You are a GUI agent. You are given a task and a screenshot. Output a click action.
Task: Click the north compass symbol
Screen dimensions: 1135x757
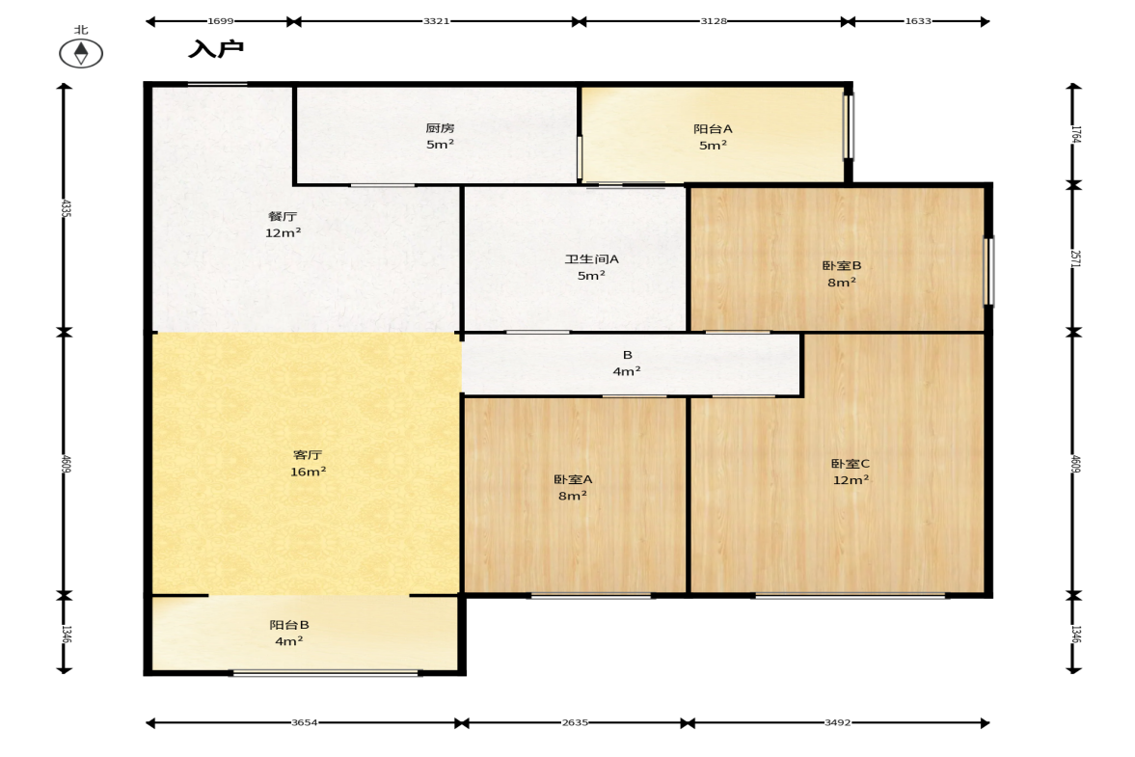tap(81, 53)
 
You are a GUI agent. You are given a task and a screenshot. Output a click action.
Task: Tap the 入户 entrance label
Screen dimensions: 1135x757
tap(216, 49)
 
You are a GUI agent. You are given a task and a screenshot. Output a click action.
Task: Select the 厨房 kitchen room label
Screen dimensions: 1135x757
tap(440, 128)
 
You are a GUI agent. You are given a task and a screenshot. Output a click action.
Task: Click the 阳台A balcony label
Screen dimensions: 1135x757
tap(713, 129)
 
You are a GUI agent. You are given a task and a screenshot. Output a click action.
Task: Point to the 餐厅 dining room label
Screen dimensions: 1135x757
tap(283, 216)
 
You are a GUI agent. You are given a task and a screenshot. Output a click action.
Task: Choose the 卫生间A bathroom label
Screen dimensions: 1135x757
tap(591, 259)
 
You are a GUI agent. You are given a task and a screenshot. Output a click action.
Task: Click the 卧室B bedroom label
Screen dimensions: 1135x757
tap(842, 265)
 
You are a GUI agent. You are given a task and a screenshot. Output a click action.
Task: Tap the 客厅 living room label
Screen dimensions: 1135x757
tap(308, 455)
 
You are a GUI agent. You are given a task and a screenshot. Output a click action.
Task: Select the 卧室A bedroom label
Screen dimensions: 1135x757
tap(573, 479)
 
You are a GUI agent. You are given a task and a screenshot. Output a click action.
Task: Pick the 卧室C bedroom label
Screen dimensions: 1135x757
tap(851, 463)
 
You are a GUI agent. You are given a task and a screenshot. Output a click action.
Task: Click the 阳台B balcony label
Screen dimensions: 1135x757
tap(289, 625)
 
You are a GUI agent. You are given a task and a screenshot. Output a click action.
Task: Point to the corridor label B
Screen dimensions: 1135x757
tap(628, 355)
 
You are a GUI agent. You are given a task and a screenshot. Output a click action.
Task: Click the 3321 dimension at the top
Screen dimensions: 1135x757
tap(437, 21)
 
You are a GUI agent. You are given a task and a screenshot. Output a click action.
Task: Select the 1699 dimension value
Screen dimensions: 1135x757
tap(220, 21)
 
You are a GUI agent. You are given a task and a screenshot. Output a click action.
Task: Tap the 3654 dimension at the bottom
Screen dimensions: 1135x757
tap(305, 722)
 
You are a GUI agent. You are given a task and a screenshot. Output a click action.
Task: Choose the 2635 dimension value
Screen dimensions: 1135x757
tap(576, 722)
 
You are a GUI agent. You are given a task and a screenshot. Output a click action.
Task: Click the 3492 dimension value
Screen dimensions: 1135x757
tap(837, 722)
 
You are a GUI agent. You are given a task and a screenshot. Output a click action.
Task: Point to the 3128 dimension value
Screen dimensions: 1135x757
tap(713, 21)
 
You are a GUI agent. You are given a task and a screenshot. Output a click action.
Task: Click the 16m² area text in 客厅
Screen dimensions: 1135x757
tap(308, 472)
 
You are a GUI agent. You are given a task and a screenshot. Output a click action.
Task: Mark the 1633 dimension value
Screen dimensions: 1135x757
tap(918, 21)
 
